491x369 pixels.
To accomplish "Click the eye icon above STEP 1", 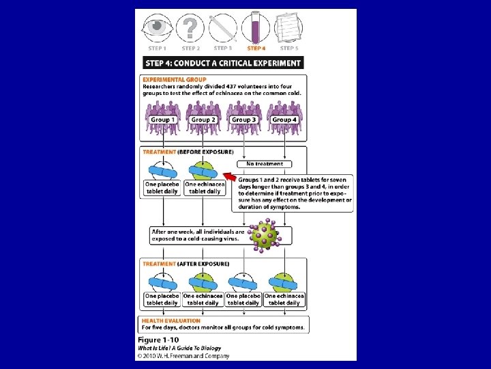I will coord(158,28).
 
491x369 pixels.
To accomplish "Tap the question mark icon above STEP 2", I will coord(191,29).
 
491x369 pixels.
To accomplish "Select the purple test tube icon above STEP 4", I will coord(257,29).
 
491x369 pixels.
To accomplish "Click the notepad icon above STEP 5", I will coord(288,29).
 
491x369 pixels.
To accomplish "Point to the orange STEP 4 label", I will coord(256,49).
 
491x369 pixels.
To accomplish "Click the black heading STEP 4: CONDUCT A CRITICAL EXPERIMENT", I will coord(223,63).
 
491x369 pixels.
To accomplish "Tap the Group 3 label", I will coord(243,120).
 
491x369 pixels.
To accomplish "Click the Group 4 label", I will coord(284,120).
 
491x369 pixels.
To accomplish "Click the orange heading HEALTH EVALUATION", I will coord(171,320).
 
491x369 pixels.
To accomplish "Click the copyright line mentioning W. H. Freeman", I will coord(183,355).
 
